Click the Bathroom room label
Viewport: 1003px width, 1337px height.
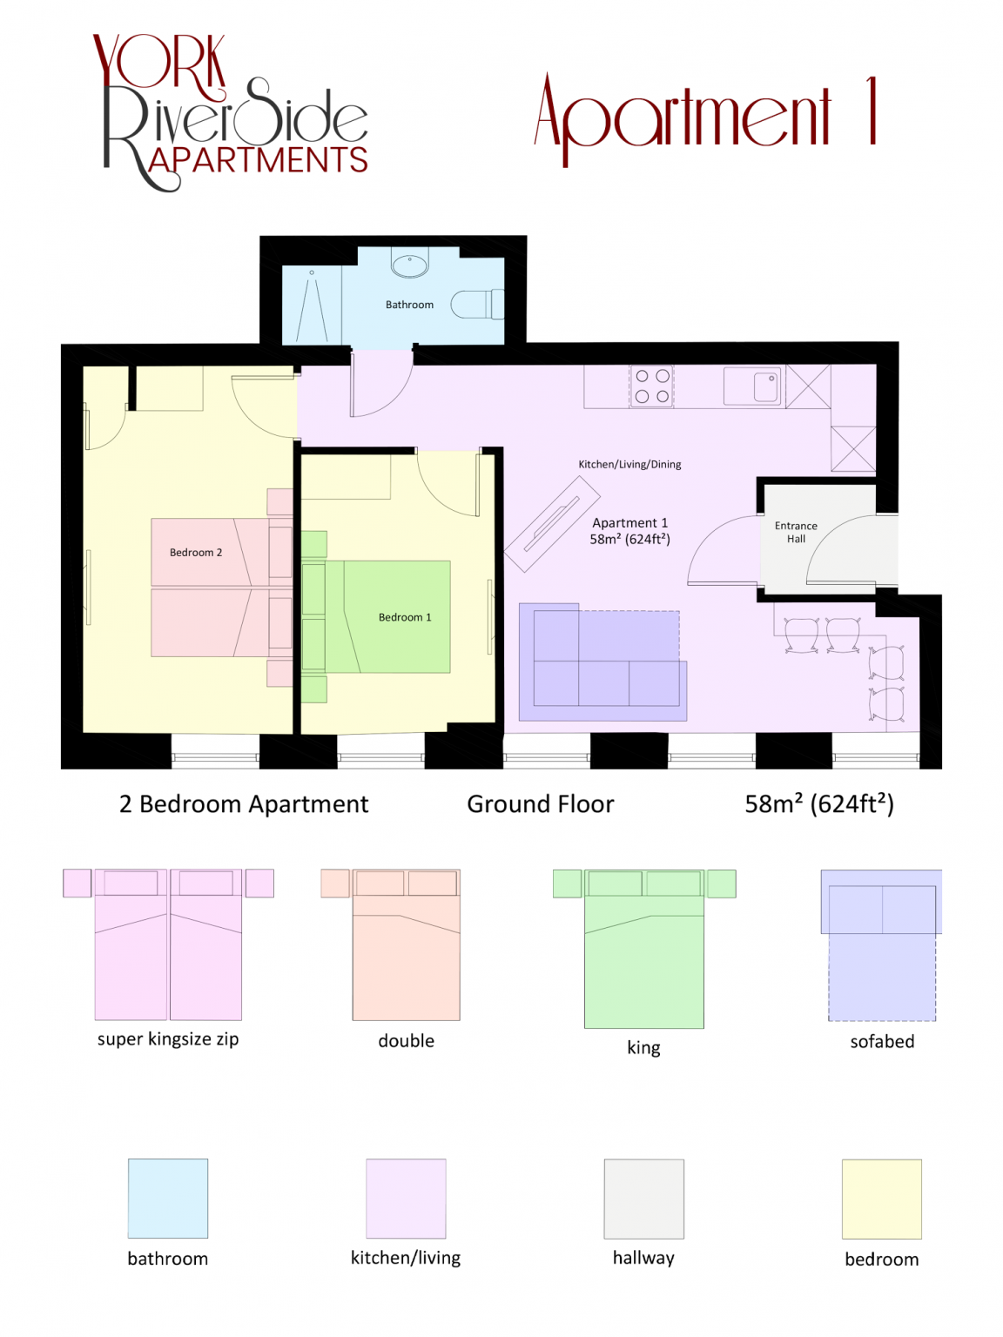point(409,305)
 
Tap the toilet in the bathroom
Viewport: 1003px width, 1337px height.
point(477,304)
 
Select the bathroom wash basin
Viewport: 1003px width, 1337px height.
point(410,265)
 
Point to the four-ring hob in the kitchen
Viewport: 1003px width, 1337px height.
point(651,386)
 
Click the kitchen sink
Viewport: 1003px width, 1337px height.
point(752,386)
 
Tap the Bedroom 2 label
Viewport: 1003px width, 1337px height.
point(196,553)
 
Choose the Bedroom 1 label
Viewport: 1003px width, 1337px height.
point(404,617)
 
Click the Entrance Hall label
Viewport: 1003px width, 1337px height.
point(795,532)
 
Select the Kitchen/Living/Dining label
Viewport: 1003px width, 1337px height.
point(629,464)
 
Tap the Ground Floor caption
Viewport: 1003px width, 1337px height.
point(540,804)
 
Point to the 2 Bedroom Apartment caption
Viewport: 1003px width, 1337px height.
point(244,804)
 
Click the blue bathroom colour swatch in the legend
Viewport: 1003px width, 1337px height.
point(167,1198)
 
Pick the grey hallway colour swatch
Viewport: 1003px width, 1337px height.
point(643,1198)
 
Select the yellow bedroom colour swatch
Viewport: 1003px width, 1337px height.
point(881,1199)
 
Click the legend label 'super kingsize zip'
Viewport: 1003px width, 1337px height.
point(168,1039)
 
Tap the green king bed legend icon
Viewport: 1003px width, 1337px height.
point(643,949)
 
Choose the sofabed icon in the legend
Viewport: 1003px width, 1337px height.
point(881,945)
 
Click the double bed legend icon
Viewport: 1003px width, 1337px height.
point(390,944)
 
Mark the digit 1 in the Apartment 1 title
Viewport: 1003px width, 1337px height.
point(872,111)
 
